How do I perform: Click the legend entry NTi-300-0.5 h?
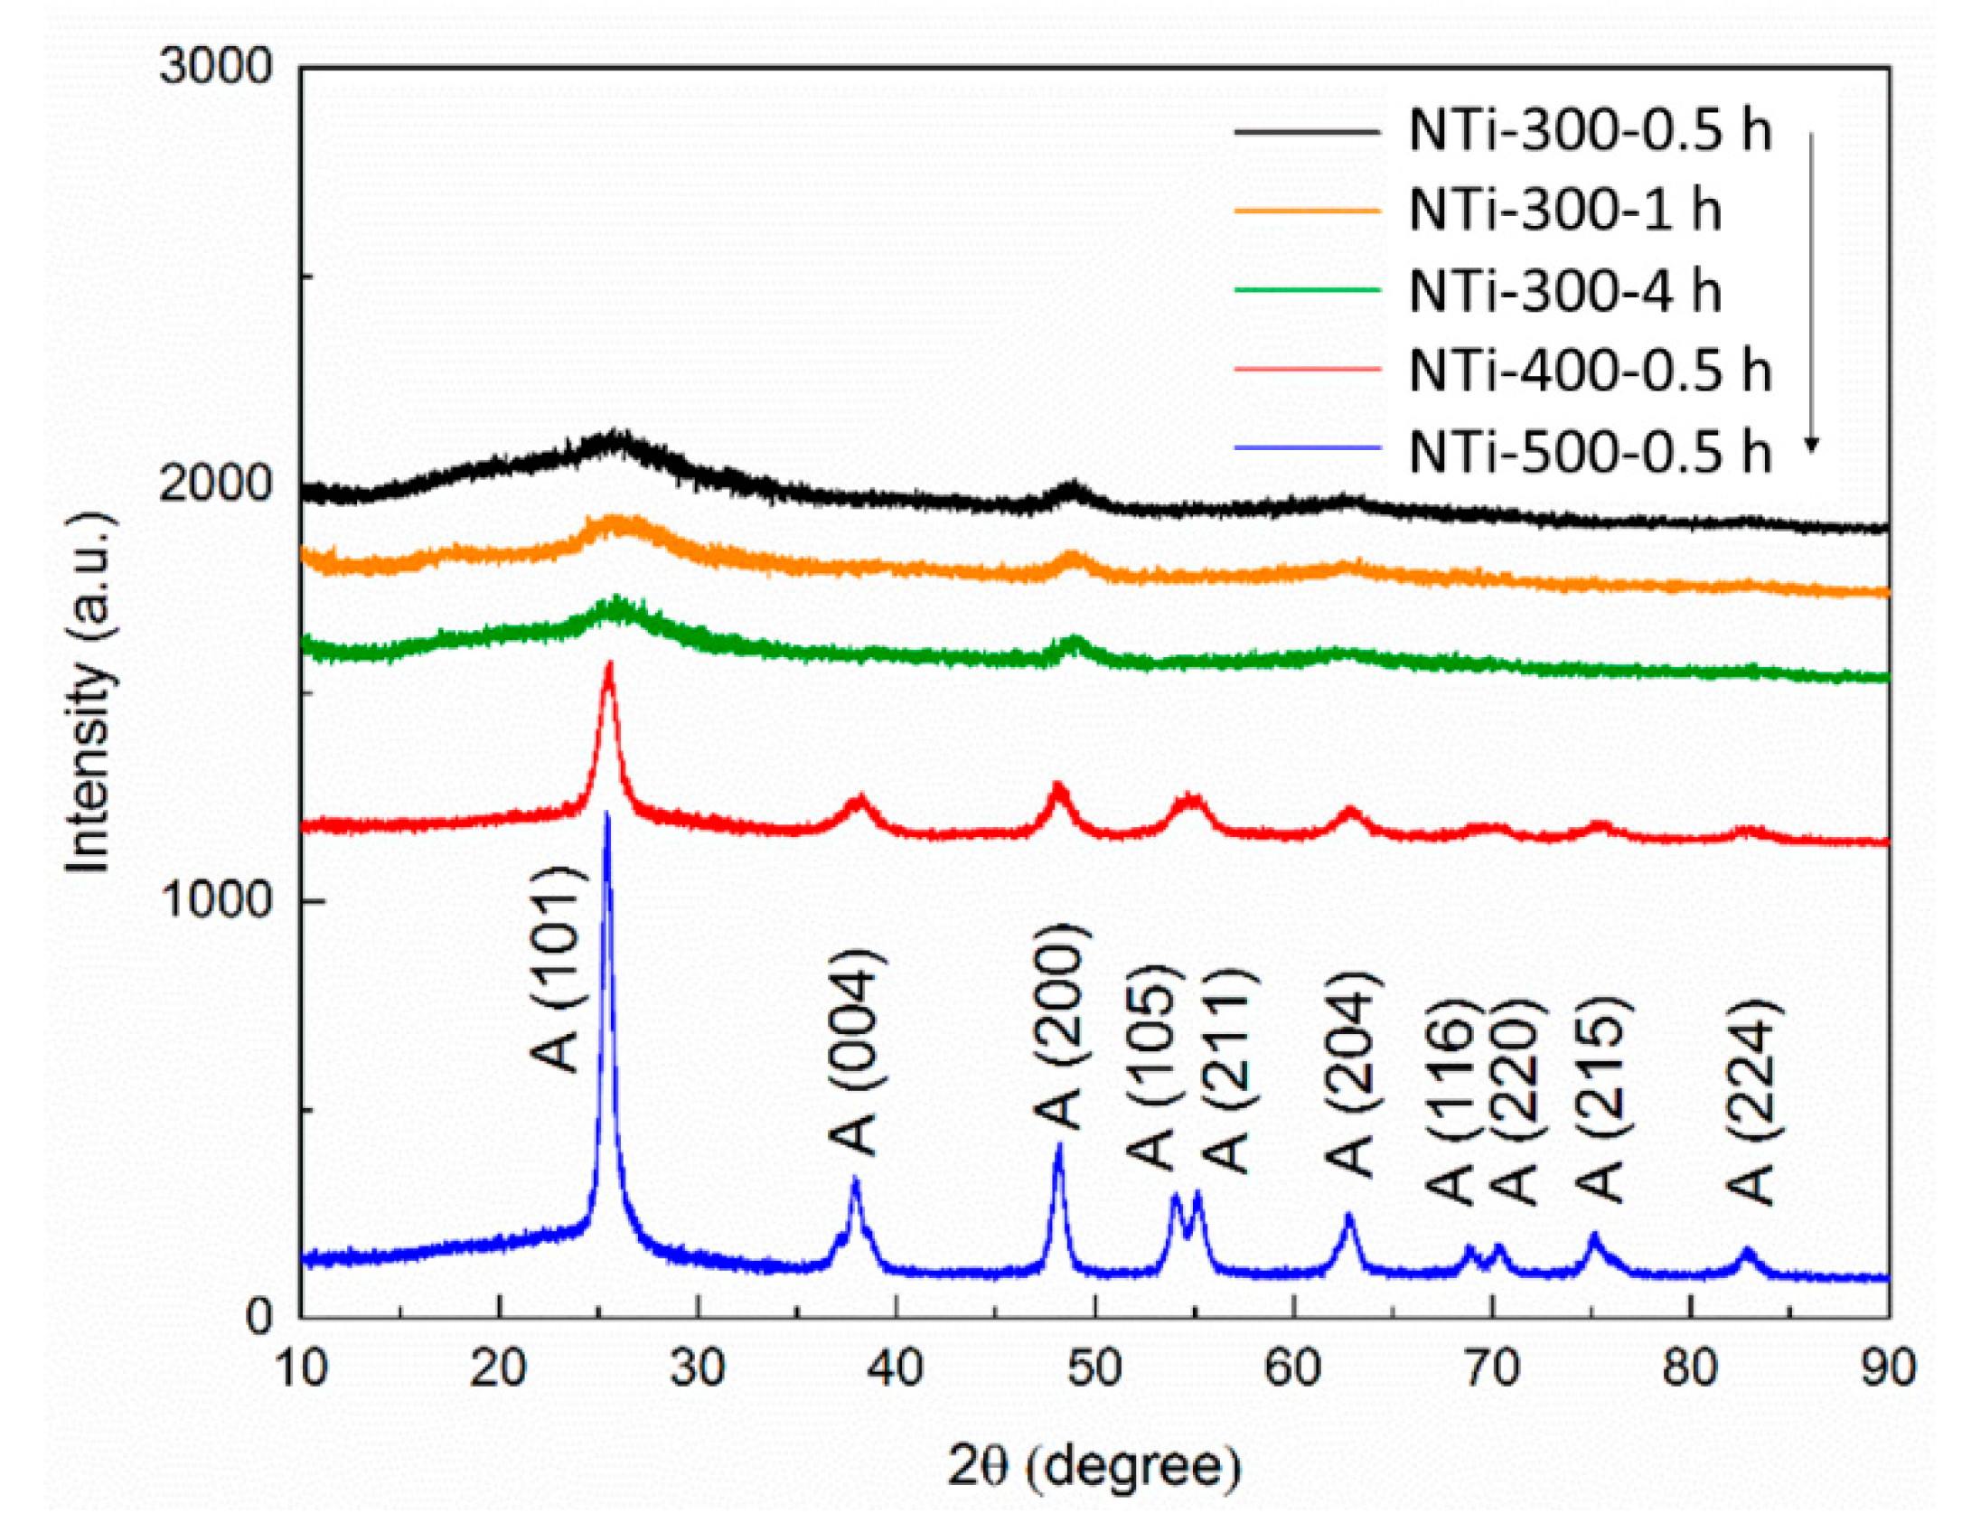(x=1589, y=131)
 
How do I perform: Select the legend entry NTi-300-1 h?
(x=1563, y=211)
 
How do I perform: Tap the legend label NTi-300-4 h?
(x=1563, y=291)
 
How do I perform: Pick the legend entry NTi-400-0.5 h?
(x=1589, y=371)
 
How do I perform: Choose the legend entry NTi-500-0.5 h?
(x=1589, y=451)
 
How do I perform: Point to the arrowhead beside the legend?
(x=1810, y=445)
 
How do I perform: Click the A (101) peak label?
(x=553, y=969)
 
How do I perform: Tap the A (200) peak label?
(x=1057, y=1026)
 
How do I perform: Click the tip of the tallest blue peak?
(x=606, y=814)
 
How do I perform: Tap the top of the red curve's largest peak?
(x=609, y=664)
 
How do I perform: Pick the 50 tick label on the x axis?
(x=1094, y=1368)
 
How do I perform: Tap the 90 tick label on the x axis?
(x=1887, y=1368)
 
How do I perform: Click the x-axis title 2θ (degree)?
(x=1094, y=1465)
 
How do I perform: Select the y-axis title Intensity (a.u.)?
(x=89, y=691)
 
